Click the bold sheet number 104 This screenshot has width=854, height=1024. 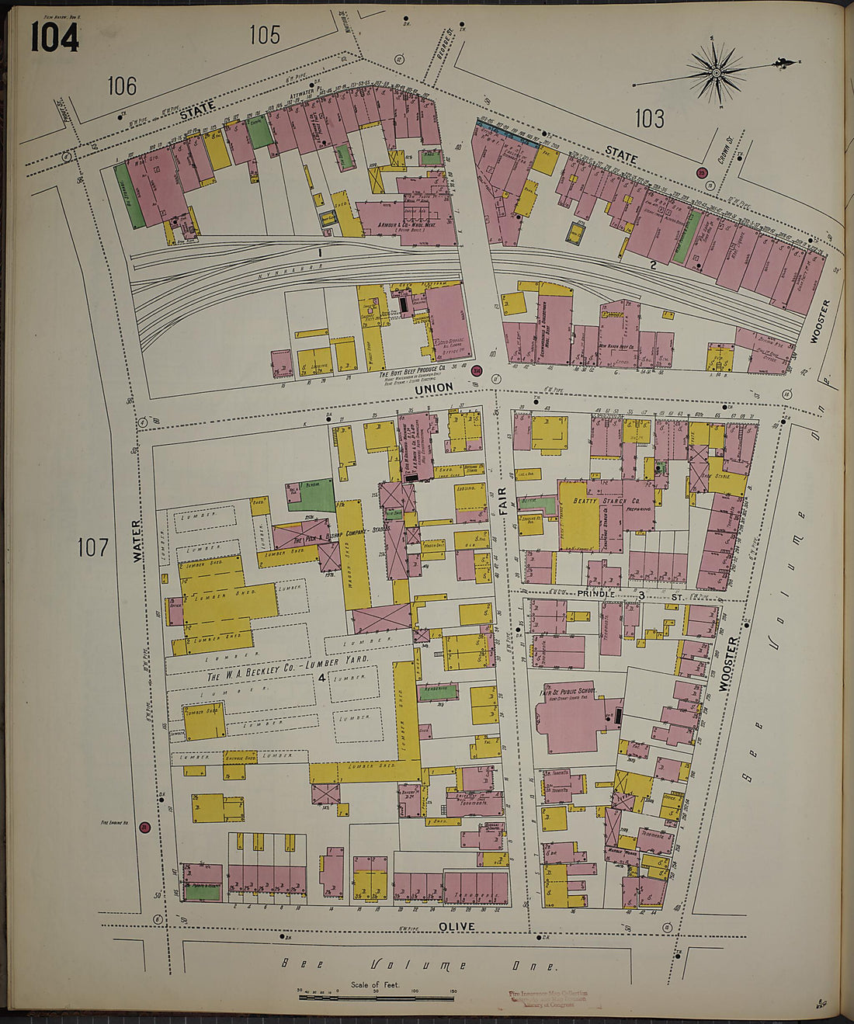click(x=54, y=36)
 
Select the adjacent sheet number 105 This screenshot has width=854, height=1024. click(x=265, y=35)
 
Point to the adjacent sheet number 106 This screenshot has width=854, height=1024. click(x=122, y=85)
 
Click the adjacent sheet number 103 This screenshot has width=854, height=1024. click(x=649, y=119)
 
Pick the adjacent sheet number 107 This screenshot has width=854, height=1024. click(x=92, y=548)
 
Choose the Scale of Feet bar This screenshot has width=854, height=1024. click(x=377, y=996)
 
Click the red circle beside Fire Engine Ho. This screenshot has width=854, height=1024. click(x=144, y=828)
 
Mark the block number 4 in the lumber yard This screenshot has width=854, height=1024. click(x=320, y=677)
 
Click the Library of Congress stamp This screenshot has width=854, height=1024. click(x=548, y=998)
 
